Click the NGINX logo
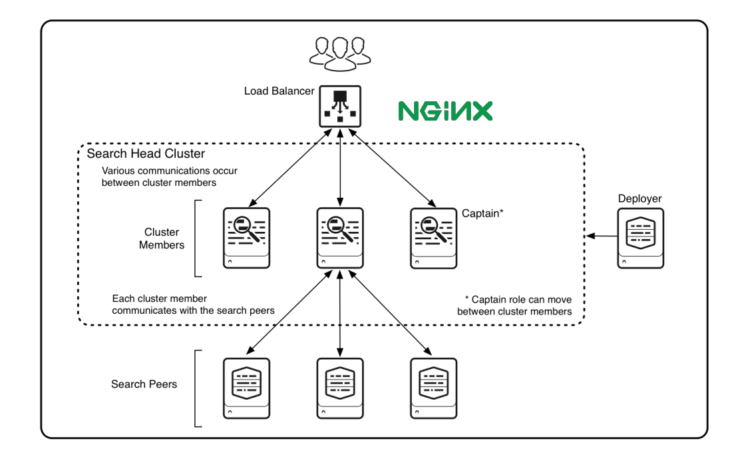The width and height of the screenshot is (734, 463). [x=445, y=111]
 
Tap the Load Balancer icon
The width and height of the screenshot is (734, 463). [x=340, y=106]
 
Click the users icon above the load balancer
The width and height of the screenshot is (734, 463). [x=340, y=51]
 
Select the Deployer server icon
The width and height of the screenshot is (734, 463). [x=640, y=238]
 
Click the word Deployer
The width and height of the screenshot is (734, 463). [x=640, y=199]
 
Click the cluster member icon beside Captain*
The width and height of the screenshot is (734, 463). [x=433, y=238]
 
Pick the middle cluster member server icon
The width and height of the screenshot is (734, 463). [x=340, y=238]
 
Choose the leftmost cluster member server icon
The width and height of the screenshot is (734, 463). [x=247, y=238]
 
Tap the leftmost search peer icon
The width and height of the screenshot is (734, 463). [x=247, y=388]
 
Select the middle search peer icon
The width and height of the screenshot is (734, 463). [x=340, y=388]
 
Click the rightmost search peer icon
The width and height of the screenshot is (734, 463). [x=433, y=388]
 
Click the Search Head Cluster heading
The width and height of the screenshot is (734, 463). [x=146, y=154]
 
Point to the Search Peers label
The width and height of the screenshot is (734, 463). [x=144, y=384]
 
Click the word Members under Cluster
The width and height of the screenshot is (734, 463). [x=162, y=245]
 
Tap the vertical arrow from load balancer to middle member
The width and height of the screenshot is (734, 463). [x=340, y=167]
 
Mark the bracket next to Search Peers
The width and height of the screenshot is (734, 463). [x=196, y=388]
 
